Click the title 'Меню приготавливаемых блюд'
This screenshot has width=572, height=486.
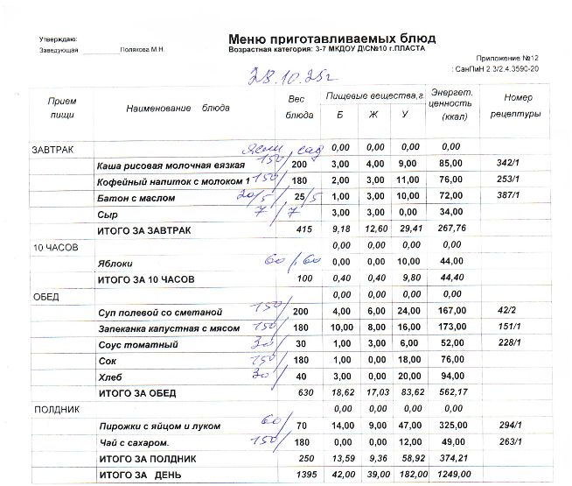pyautogui.click(x=331, y=39)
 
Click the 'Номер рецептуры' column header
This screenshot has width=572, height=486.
pyautogui.click(x=515, y=106)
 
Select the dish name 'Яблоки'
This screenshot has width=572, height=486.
pyautogui.click(x=116, y=263)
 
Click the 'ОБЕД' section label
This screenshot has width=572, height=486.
pyautogui.click(x=45, y=297)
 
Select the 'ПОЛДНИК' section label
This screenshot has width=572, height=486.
pyautogui.click(x=57, y=410)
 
